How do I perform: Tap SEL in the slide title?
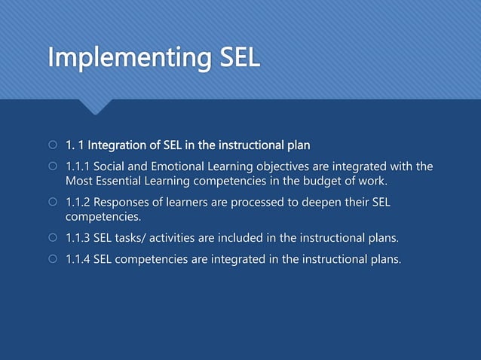[x=240, y=58]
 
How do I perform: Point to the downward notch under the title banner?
[x=95, y=106]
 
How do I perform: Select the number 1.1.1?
[x=77, y=166]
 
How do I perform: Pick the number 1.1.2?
[x=77, y=203]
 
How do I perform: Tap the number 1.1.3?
[x=77, y=239]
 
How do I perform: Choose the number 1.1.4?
[x=77, y=260]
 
